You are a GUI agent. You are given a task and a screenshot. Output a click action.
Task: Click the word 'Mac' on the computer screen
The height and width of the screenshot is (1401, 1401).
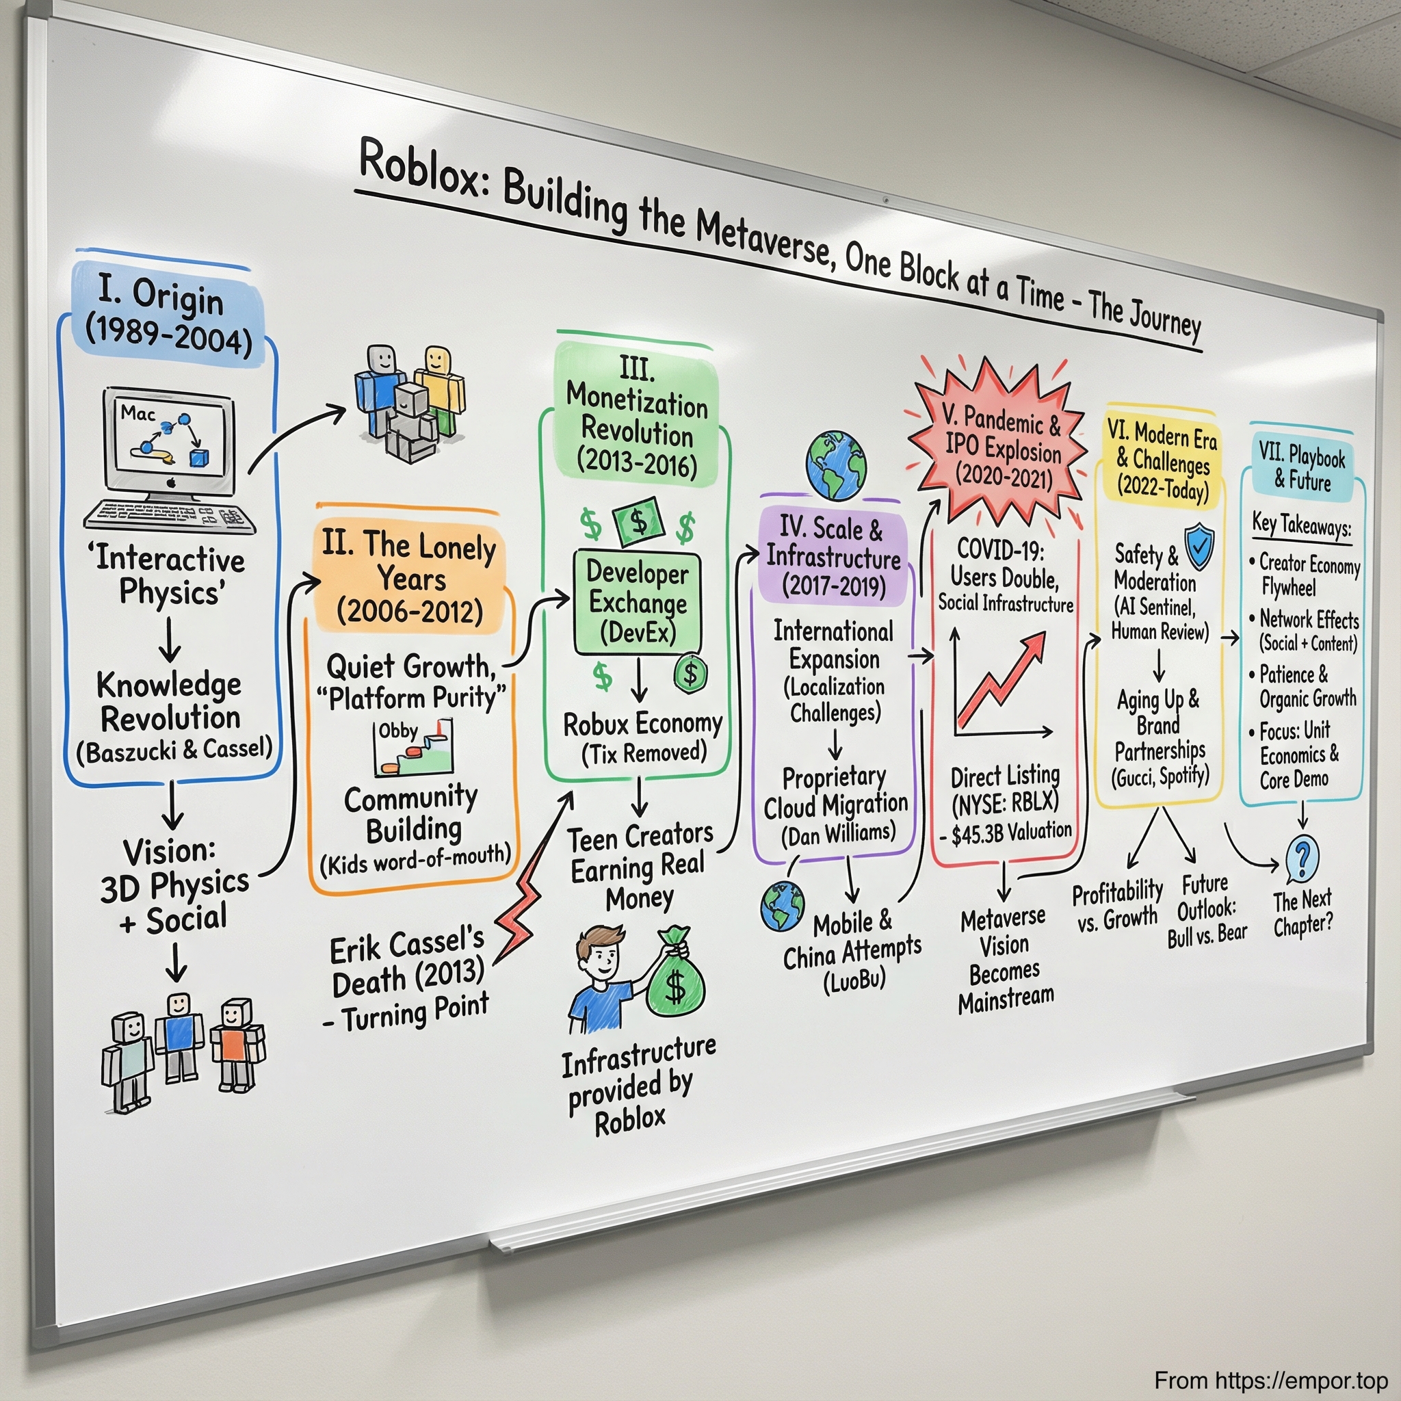(138, 413)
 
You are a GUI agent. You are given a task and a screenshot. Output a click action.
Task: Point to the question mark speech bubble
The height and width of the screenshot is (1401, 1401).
(1302, 859)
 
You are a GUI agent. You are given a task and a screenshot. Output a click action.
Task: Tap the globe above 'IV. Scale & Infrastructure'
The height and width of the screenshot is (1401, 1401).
(836, 464)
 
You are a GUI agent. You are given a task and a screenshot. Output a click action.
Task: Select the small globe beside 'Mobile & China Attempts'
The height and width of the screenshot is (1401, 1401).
(783, 906)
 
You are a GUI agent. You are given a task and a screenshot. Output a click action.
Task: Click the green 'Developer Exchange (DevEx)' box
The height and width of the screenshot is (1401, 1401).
(638, 602)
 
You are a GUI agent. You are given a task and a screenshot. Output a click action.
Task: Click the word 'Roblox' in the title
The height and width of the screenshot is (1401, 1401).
(419, 170)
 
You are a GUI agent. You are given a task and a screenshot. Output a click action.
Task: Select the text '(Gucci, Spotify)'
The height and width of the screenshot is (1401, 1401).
(1160, 776)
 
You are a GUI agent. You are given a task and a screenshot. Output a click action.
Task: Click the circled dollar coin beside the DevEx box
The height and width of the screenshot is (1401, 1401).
(690, 673)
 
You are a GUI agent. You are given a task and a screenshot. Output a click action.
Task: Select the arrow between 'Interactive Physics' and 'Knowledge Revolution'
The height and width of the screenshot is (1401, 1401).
(170, 639)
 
